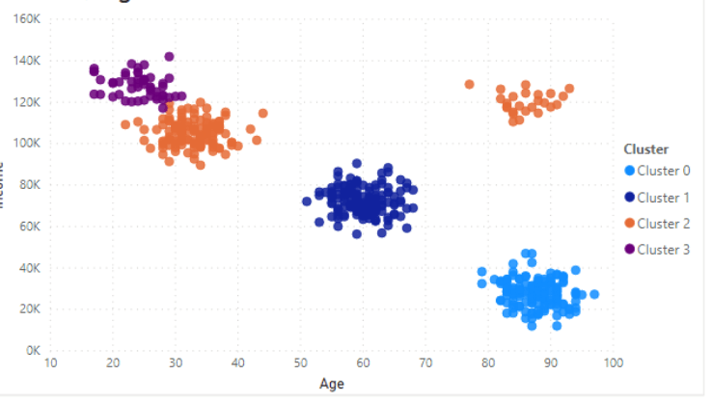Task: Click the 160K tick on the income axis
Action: tap(25, 18)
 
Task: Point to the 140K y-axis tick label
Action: tap(25, 60)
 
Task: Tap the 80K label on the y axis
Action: tap(28, 185)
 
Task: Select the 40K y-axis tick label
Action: tap(28, 268)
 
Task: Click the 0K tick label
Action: tap(31, 351)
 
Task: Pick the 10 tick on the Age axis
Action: tap(51, 363)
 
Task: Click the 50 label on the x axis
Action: tap(300, 363)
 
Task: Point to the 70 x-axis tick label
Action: tap(425, 363)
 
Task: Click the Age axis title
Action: tap(332, 384)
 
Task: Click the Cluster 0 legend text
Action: tap(664, 171)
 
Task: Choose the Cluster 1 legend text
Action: tap(664, 197)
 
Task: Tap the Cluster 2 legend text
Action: tap(664, 223)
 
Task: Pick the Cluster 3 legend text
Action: tap(664, 249)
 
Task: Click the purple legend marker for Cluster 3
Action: tap(630, 249)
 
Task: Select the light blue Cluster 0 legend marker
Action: tap(630, 171)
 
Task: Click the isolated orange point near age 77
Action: tap(470, 85)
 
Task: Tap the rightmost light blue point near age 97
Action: tap(594, 294)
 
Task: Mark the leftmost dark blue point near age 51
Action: tap(307, 201)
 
